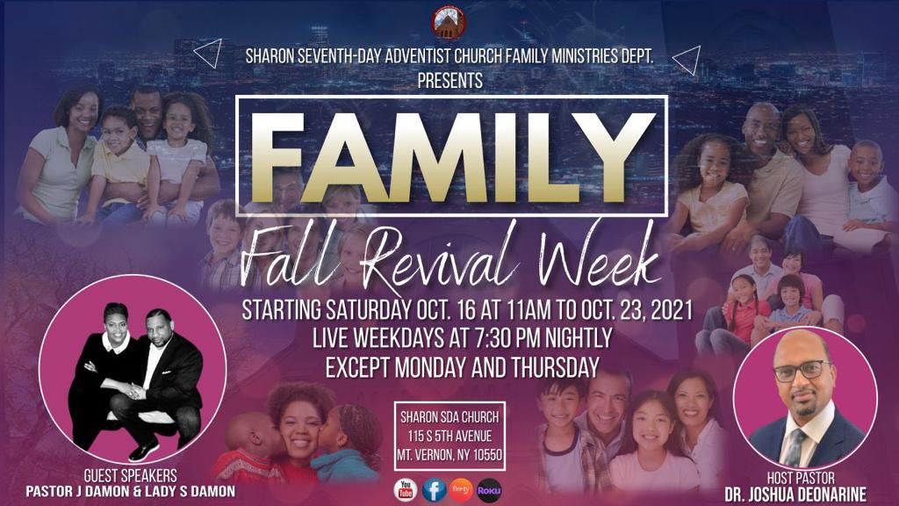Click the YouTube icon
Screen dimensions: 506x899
[406, 489]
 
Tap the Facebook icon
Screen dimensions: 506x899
[434, 489]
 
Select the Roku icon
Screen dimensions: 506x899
[489, 489]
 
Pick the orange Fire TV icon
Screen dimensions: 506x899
[462, 489]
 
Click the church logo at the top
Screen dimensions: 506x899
[449, 22]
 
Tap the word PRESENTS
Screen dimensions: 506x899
[449, 80]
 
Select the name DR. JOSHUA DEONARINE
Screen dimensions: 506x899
[807, 495]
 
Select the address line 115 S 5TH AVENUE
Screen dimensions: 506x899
[449, 436]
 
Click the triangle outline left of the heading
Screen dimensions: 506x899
[207, 54]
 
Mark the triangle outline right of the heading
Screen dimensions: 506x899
[687, 60]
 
